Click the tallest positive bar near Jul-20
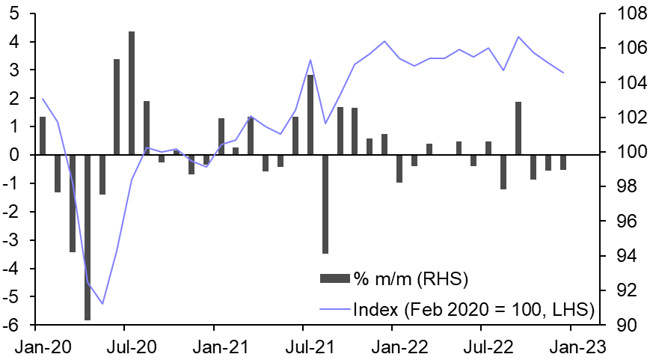pos(132,93)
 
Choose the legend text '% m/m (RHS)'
pos(411,280)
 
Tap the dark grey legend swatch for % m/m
pos(334,280)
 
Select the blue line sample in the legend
pos(334,308)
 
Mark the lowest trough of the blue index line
pos(102,304)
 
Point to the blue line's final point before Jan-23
pos(563,73)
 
